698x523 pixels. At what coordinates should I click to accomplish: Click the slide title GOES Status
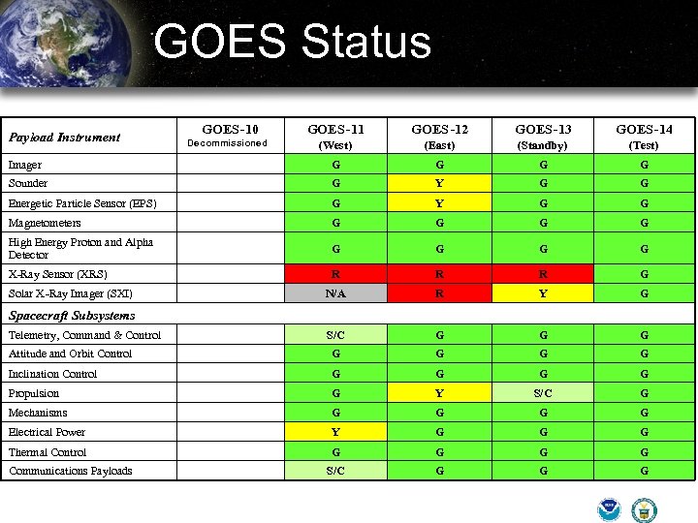click(292, 43)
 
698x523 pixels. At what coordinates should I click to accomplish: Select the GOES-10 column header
click(230, 128)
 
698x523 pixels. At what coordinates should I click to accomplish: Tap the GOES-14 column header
click(644, 129)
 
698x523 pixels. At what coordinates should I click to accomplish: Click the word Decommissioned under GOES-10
click(227, 143)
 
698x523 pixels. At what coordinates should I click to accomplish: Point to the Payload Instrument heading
click(64, 137)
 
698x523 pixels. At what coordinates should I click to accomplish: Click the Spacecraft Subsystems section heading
click(72, 315)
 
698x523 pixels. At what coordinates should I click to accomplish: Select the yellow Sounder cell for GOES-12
click(439, 183)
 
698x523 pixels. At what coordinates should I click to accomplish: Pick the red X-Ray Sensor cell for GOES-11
click(335, 274)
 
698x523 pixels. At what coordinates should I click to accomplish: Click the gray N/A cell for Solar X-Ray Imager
click(335, 293)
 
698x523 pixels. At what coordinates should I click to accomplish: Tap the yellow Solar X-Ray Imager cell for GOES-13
click(543, 293)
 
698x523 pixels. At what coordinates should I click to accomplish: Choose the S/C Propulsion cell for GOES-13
click(543, 393)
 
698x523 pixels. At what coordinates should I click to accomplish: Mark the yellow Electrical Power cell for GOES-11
click(335, 432)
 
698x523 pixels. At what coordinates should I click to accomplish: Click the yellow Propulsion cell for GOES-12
click(439, 393)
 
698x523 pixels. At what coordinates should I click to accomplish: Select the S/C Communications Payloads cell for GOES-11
click(335, 471)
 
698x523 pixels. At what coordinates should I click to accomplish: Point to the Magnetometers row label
click(45, 223)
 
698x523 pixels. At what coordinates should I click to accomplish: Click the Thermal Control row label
click(48, 452)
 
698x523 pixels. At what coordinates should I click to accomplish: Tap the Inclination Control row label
click(52, 374)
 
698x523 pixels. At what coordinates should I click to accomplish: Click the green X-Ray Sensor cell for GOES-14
click(644, 274)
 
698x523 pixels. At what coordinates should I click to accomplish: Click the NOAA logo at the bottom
click(610, 509)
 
